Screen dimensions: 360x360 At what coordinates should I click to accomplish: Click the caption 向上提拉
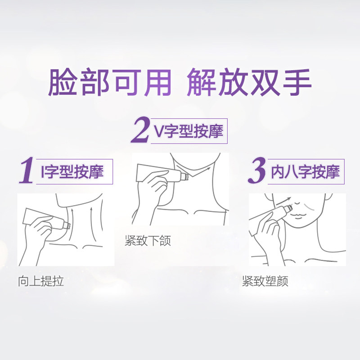(x=40, y=282)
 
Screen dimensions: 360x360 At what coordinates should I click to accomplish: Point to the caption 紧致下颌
(x=148, y=241)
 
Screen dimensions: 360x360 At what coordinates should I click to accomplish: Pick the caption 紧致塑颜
(x=265, y=282)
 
